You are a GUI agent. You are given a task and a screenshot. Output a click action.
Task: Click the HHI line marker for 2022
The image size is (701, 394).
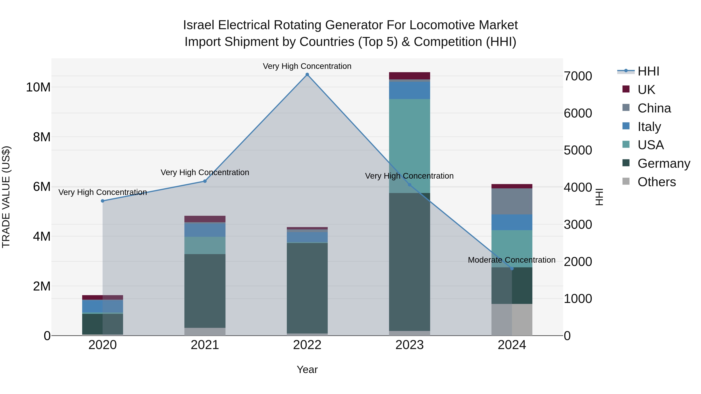pos(307,75)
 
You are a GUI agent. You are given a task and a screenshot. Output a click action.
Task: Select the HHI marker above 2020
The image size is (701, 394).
pos(103,201)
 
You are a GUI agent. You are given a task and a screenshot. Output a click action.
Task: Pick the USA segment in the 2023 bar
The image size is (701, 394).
pos(410,146)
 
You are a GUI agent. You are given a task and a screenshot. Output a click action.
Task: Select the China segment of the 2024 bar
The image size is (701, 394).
pos(512,202)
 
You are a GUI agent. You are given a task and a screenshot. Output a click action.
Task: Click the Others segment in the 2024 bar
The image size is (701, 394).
pos(512,320)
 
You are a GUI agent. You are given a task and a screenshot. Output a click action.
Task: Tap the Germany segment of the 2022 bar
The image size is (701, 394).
pos(307,288)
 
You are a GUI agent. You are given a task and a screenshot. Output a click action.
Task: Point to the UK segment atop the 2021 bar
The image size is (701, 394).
pos(205,219)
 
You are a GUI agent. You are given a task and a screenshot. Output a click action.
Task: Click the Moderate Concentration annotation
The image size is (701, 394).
pos(512,260)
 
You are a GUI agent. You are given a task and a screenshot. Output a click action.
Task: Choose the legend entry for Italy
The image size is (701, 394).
pos(649,127)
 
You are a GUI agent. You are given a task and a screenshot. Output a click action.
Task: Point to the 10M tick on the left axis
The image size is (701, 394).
pos(38,88)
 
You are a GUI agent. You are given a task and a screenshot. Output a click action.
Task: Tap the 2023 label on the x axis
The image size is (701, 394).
pos(410,345)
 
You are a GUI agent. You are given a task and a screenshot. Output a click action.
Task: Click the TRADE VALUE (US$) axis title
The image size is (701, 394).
pos(6,197)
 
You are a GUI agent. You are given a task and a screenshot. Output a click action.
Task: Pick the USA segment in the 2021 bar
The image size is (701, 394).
pos(205,245)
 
